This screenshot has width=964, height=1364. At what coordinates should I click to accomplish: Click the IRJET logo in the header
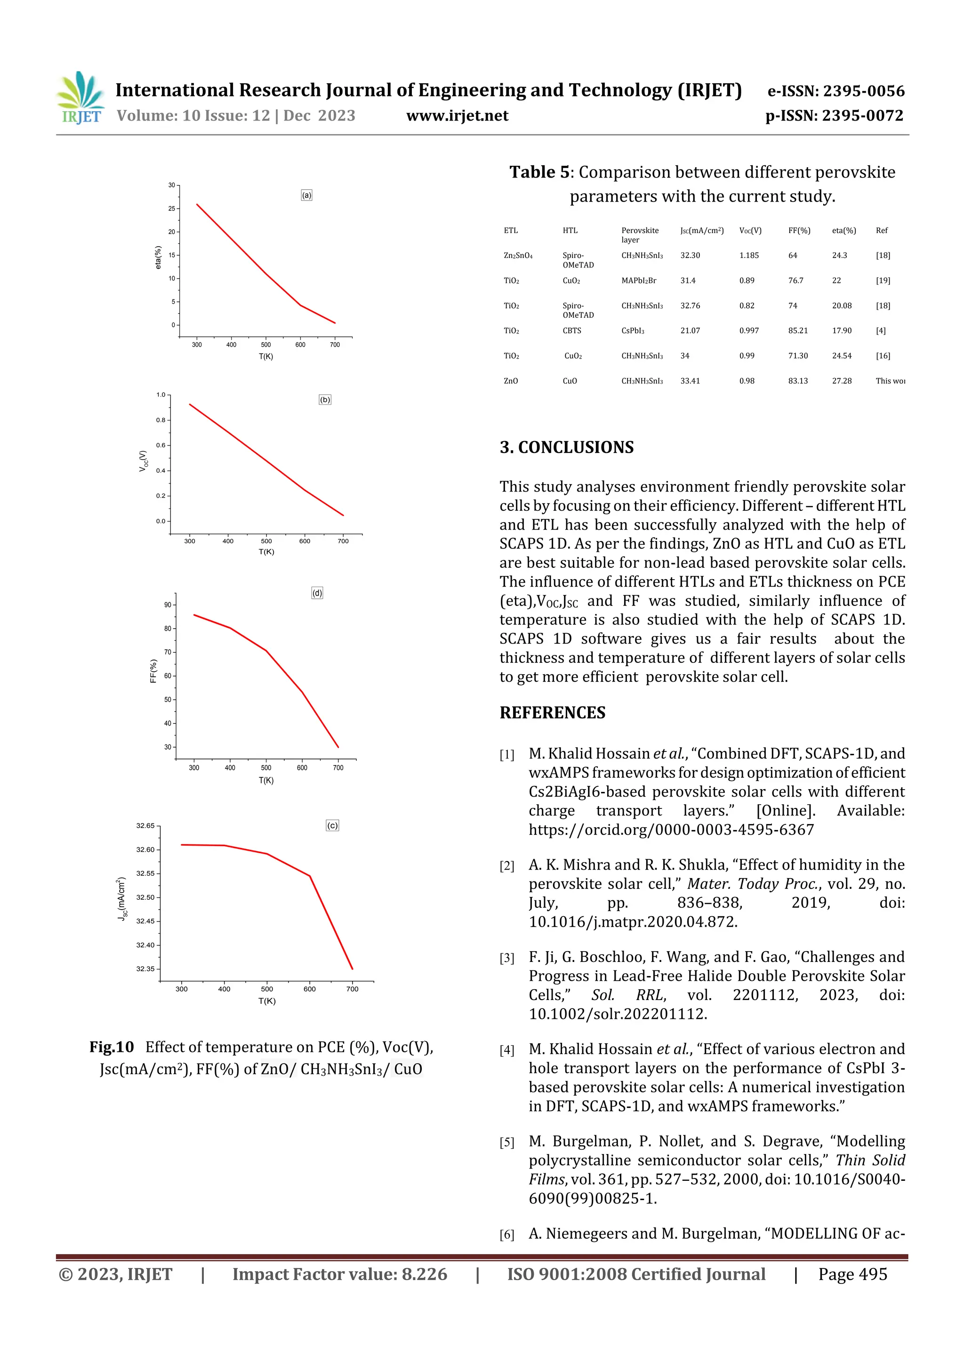point(80,98)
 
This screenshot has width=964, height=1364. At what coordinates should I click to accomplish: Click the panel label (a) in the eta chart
point(306,195)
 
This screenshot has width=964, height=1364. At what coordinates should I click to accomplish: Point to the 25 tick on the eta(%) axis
point(172,209)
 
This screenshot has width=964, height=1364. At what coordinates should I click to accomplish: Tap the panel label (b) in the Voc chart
point(325,400)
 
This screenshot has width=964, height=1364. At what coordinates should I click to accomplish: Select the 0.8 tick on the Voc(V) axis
point(161,420)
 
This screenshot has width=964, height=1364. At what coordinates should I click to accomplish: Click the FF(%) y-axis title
point(153,671)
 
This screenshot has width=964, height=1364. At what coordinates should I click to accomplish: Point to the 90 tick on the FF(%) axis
point(168,605)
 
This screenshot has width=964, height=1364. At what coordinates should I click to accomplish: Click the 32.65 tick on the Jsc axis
point(145,826)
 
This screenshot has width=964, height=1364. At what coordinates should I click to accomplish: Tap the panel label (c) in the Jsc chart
point(333,826)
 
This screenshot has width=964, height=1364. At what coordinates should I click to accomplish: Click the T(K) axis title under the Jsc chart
point(267,1001)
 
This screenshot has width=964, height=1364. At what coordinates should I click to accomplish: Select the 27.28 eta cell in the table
point(842,381)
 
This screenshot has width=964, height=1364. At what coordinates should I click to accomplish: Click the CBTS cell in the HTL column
point(571,331)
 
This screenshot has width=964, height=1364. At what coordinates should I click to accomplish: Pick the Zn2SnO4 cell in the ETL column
point(518,256)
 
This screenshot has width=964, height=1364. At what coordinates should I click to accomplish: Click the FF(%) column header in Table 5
point(799,231)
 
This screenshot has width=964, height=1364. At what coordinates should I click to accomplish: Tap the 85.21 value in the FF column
point(798,331)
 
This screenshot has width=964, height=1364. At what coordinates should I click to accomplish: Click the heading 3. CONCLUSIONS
point(567,447)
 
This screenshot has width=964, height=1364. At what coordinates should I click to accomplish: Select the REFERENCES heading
point(553,713)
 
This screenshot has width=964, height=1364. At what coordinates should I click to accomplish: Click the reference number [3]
point(506,958)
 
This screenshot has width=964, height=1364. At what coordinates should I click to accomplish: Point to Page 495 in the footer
point(852,1274)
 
